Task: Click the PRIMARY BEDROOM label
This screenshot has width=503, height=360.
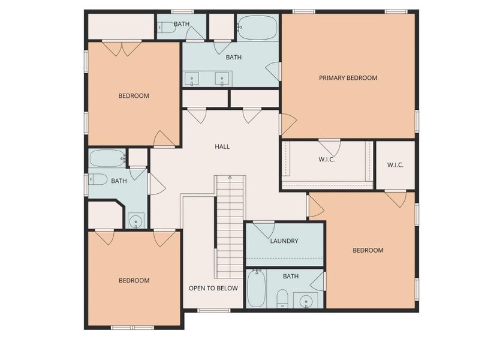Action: [348, 78]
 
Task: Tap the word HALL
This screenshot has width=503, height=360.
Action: [222, 146]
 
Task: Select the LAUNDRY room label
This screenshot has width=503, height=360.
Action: [284, 241]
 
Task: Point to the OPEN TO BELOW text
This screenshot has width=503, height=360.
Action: [213, 288]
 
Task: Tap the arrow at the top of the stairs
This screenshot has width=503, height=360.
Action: [230, 178]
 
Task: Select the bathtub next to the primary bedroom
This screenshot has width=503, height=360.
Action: [257, 28]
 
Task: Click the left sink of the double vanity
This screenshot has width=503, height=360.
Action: [192, 79]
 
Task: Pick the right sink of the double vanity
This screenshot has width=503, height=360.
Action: [222, 79]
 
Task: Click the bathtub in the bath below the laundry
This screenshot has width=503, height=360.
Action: [256, 289]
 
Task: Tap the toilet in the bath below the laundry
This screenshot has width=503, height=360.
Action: [282, 298]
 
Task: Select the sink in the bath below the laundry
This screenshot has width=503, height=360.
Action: [306, 300]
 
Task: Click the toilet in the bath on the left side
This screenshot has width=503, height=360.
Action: [98, 179]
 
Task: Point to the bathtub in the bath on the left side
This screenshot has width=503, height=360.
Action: [107, 158]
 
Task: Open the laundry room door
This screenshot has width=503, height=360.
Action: [263, 229]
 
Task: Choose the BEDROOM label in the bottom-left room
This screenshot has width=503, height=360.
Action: [134, 281]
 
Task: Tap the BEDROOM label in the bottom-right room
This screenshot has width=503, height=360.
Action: [368, 250]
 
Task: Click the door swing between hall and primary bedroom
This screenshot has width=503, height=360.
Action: [287, 124]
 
